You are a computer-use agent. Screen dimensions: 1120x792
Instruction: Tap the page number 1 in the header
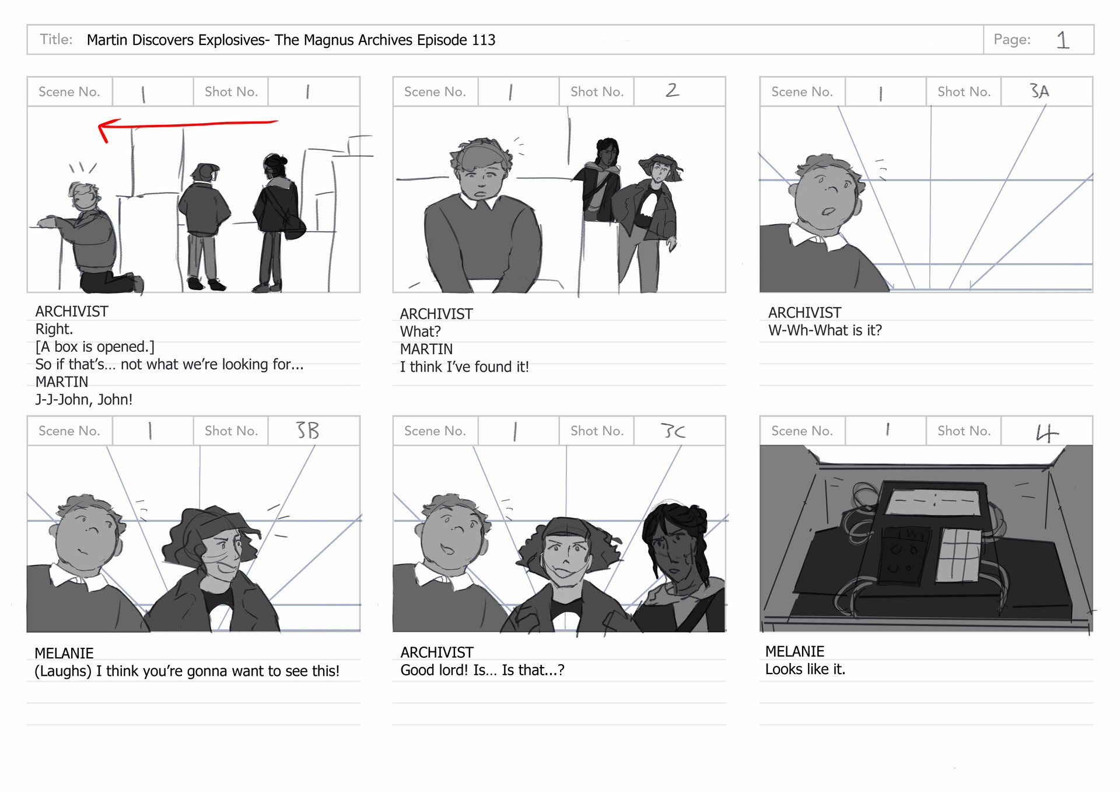click(x=1063, y=40)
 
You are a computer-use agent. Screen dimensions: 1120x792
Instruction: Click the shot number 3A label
click(x=1039, y=91)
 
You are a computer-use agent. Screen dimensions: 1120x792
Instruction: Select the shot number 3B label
click(x=307, y=431)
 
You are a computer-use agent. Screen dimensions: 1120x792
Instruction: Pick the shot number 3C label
click(x=673, y=431)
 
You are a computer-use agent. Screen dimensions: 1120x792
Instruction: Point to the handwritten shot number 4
click(x=1046, y=432)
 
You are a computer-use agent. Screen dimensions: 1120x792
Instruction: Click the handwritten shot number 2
click(x=673, y=90)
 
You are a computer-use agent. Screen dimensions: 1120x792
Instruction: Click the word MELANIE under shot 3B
click(x=64, y=653)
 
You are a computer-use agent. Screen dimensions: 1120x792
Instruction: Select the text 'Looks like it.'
click(x=805, y=669)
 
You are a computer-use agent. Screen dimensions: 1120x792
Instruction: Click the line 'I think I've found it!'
click(x=464, y=367)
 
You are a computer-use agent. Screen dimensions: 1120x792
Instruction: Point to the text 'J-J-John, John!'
click(x=84, y=400)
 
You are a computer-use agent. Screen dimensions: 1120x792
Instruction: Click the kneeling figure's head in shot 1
click(x=84, y=196)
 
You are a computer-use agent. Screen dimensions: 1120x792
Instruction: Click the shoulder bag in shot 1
click(x=295, y=226)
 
